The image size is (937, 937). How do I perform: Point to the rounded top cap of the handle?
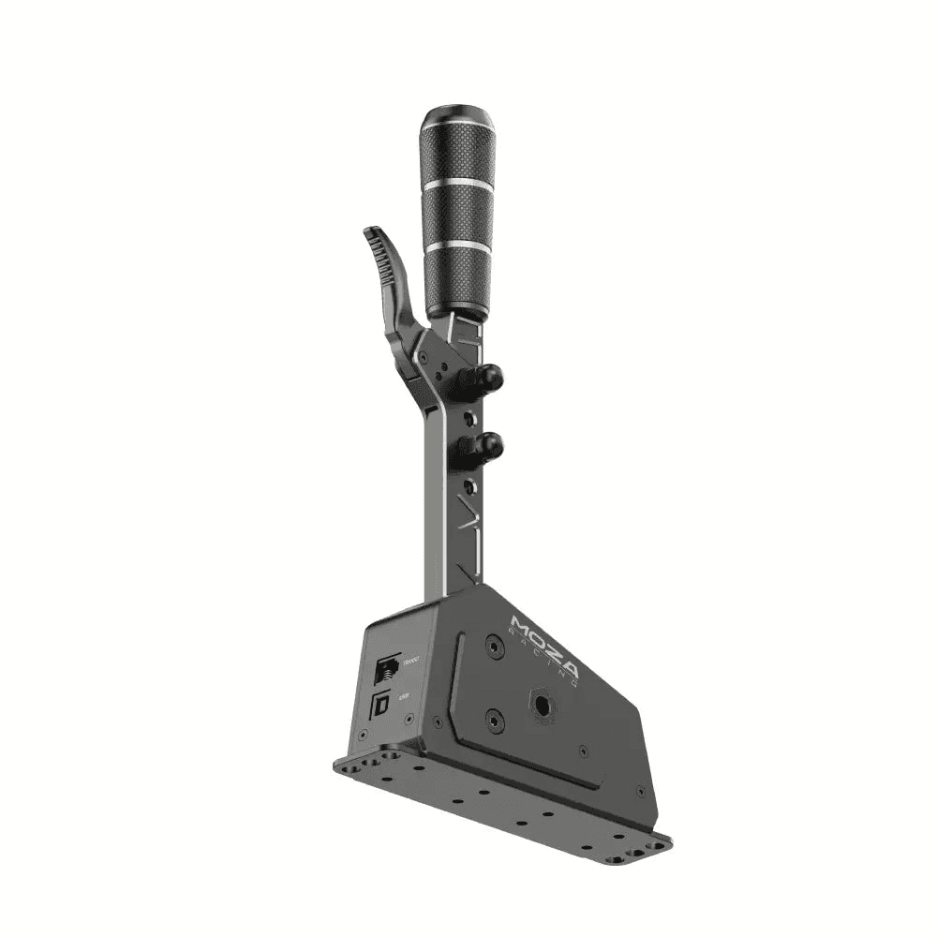(456, 121)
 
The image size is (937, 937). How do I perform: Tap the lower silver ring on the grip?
(457, 245)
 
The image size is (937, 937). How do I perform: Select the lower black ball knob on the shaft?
(488, 446)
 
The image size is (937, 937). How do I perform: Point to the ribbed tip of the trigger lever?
(378, 240)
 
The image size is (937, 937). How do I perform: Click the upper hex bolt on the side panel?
(495, 647)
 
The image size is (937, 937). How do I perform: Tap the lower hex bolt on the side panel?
(496, 720)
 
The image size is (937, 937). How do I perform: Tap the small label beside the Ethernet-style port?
(409, 662)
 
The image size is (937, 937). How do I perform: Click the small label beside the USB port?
(404, 696)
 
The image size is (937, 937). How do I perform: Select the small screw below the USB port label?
(409, 719)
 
